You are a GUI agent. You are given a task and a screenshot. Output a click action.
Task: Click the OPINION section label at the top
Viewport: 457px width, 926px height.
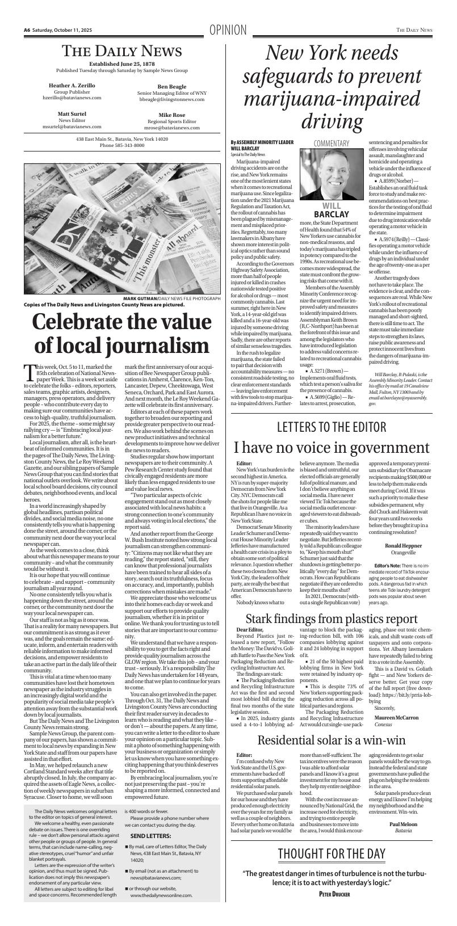point(228,30)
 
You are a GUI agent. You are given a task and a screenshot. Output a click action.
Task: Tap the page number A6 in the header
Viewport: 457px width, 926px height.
point(27,30)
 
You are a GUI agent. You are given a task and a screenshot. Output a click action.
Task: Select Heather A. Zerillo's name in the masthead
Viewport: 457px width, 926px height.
point(72,85)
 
